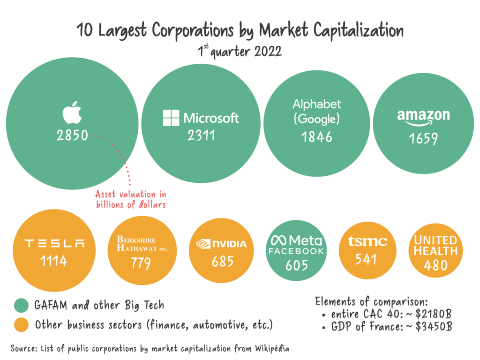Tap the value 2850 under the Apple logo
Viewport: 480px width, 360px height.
pyautogui.click(x=72, y=136)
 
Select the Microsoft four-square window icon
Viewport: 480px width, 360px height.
pyautogui.click(x=171, y=118)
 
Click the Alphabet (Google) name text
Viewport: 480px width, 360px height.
pyautogui.click(x=317, y=112)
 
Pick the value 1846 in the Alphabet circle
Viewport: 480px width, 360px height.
pyautogui.click(x=317, y=137)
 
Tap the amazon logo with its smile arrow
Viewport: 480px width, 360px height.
pyautogui.click(x=423, y=118)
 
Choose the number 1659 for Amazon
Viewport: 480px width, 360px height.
pyautogui.click(x=423, y=139)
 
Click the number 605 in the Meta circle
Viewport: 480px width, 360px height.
pyautogui.click(x=296, y=265)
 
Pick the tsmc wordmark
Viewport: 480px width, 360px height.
pyautogui.click(x=367, y=242)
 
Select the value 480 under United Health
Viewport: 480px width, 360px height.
pyautogui.click(x=435, y=265)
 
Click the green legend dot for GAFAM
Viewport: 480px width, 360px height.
pyautogui.click(x=21, y=306)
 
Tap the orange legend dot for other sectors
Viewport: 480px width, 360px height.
pyautogui.click(x=21, y=325)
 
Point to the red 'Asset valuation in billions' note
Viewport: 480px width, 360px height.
pyautogui.click(x=131, y=199)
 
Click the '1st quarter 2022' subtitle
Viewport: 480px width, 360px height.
pyautogui.click(x=240, y=51)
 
